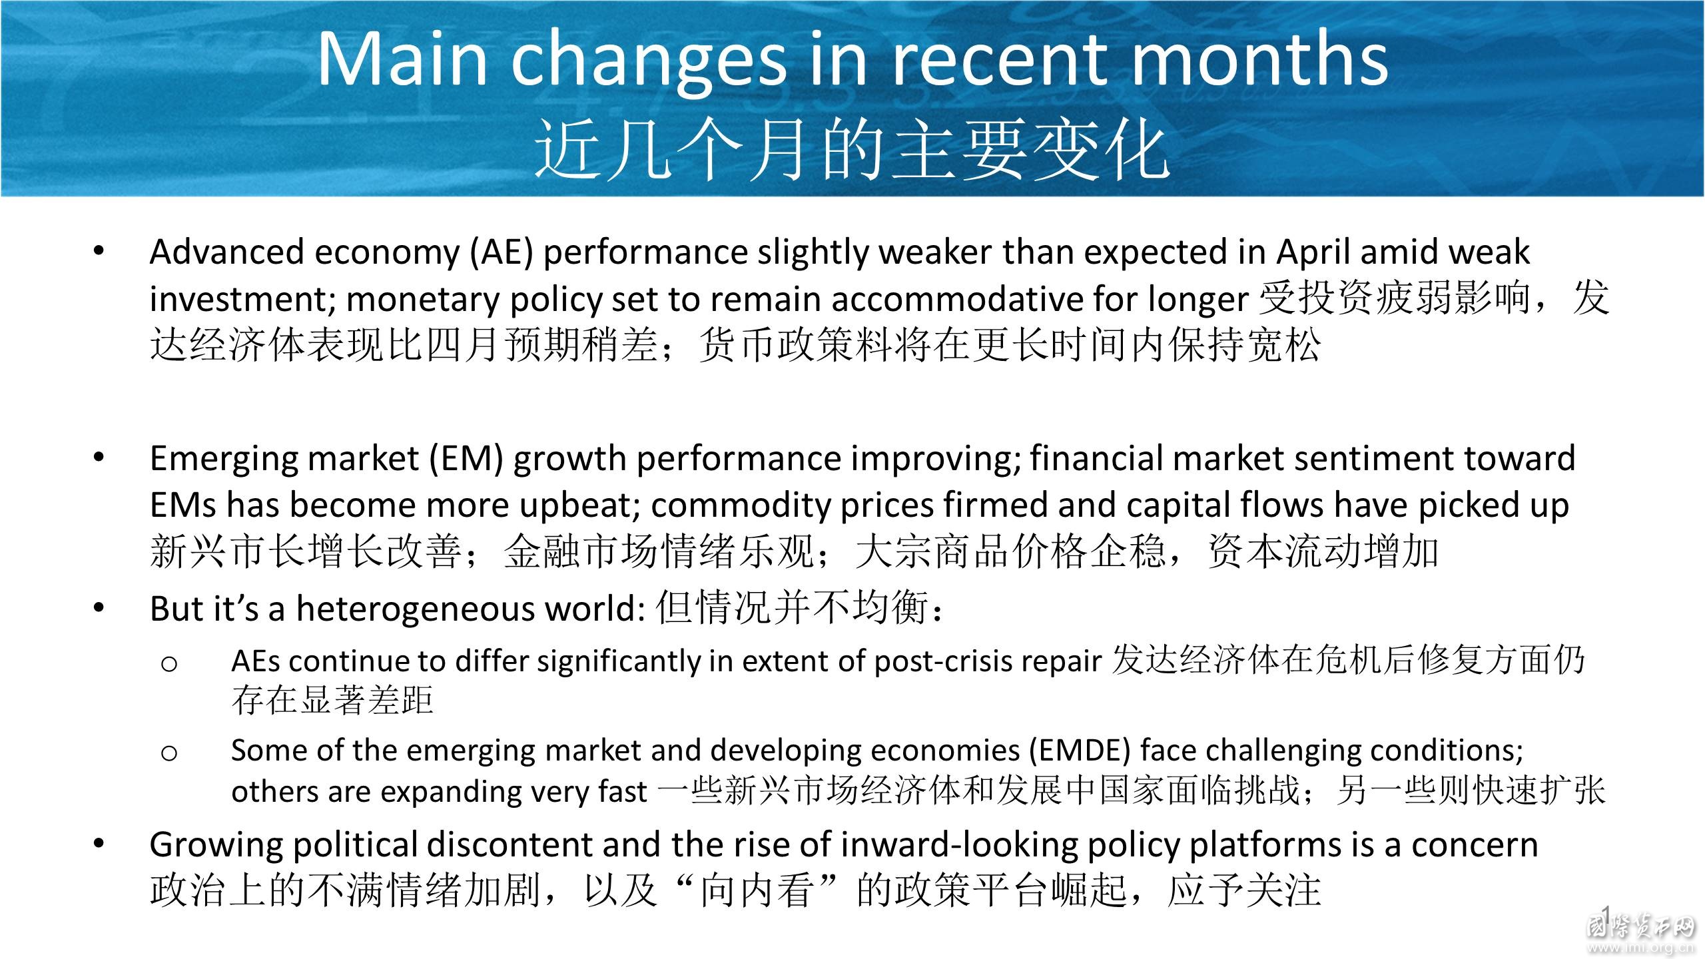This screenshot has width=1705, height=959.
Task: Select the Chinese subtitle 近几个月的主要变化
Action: coord(852,151)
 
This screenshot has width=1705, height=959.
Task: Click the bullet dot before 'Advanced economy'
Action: coord(99,252)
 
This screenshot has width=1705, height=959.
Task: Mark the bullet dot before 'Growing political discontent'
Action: coord(99,844)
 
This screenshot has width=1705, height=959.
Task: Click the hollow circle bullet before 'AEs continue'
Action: coord(169,664)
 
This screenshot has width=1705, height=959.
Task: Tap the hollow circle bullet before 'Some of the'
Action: coord(169,753)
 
